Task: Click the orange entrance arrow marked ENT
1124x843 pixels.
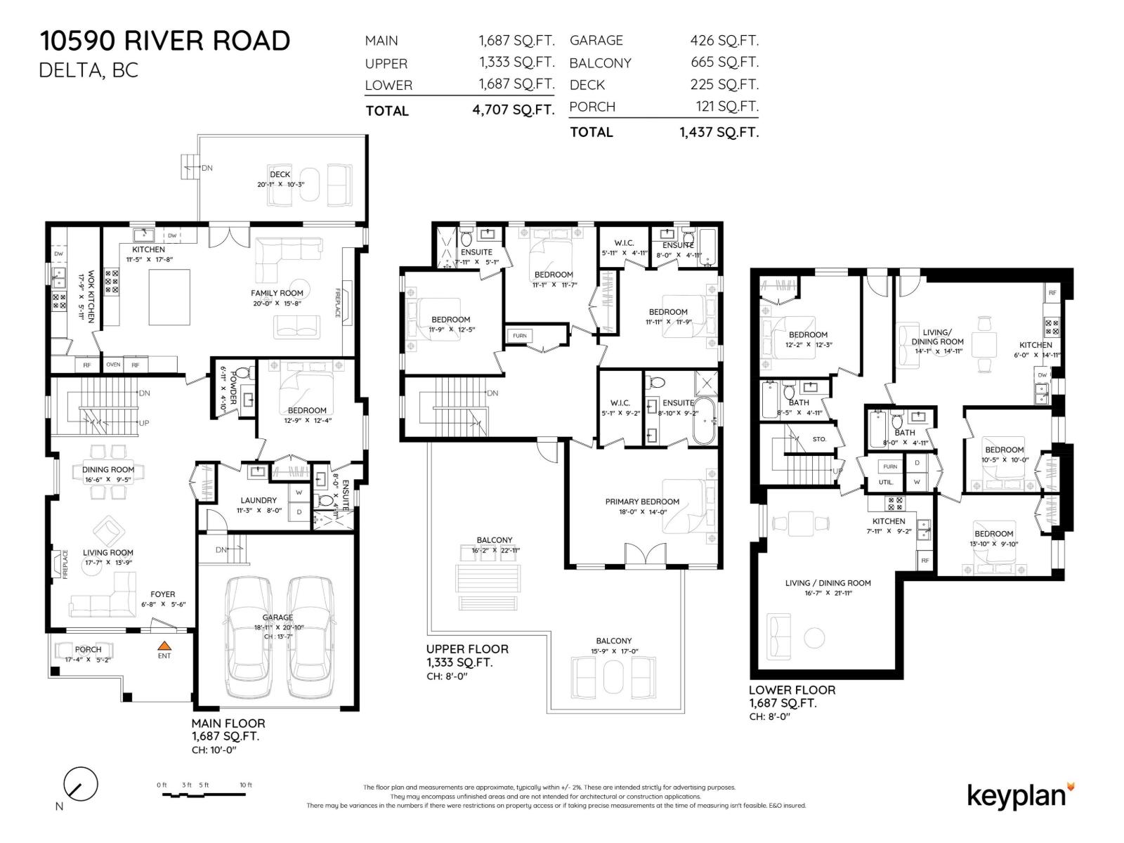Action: (x=164, y=645)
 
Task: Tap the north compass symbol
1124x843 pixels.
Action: (x=80, y=784)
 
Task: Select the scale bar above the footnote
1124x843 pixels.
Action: (x=204, y=794)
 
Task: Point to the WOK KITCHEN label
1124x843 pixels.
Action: (x=86, y=298)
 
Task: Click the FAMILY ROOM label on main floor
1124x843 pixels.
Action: (x=277, y=293)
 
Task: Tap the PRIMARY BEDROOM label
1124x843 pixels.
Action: (x=642, y=502)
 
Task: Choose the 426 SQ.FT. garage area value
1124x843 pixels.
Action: (x=724, y=41)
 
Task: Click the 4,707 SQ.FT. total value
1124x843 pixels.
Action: (x=513, y=110)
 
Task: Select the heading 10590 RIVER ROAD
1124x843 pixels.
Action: (x=164, y=41)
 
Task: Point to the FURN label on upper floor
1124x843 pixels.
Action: (x=519, y=336)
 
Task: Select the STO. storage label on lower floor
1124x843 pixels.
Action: (x=819, y=439)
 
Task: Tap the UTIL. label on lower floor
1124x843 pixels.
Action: (x=886, y=483)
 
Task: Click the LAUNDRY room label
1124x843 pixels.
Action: (x=259, y=500)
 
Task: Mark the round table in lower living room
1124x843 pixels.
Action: (x=813, y=638)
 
